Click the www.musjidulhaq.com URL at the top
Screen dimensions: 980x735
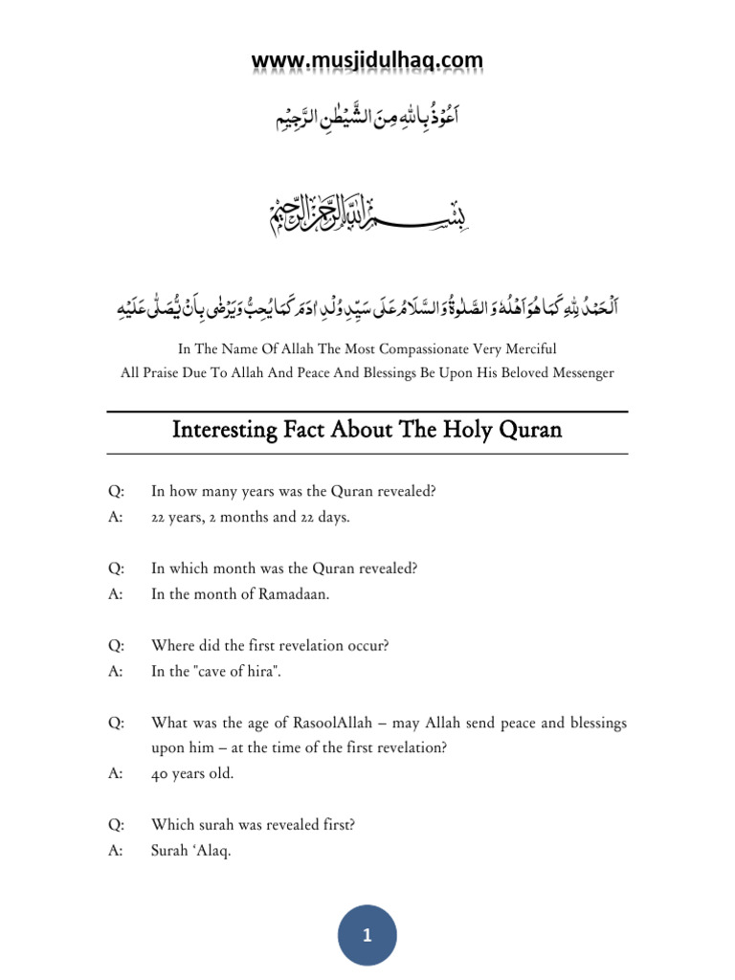coord(367,62)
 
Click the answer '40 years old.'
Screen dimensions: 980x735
coord(192,774)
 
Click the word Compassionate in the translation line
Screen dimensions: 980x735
coord(432,347)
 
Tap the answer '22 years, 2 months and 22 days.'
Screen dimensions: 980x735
coord(251,517)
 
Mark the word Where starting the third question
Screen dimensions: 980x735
coord(172,645)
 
